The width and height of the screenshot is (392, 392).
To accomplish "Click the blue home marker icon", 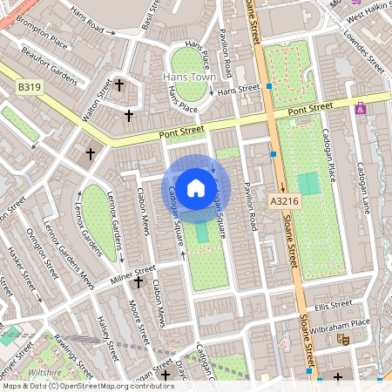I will click(196, 187).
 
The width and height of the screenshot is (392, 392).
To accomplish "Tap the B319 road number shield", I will click(30, 86).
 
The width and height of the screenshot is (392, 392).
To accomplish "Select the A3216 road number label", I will click(280, 200).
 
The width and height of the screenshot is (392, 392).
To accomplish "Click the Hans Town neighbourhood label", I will click(188, 78).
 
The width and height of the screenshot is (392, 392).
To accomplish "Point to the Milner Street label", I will click(131, 272).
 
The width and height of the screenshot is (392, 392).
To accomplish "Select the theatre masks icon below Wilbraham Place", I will click(343, 340).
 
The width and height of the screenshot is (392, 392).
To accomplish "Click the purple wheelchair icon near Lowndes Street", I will click(361, 109).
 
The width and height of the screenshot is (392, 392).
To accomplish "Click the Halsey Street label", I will click(106, 339).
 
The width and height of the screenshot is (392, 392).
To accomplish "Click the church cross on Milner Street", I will click(138, 282).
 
